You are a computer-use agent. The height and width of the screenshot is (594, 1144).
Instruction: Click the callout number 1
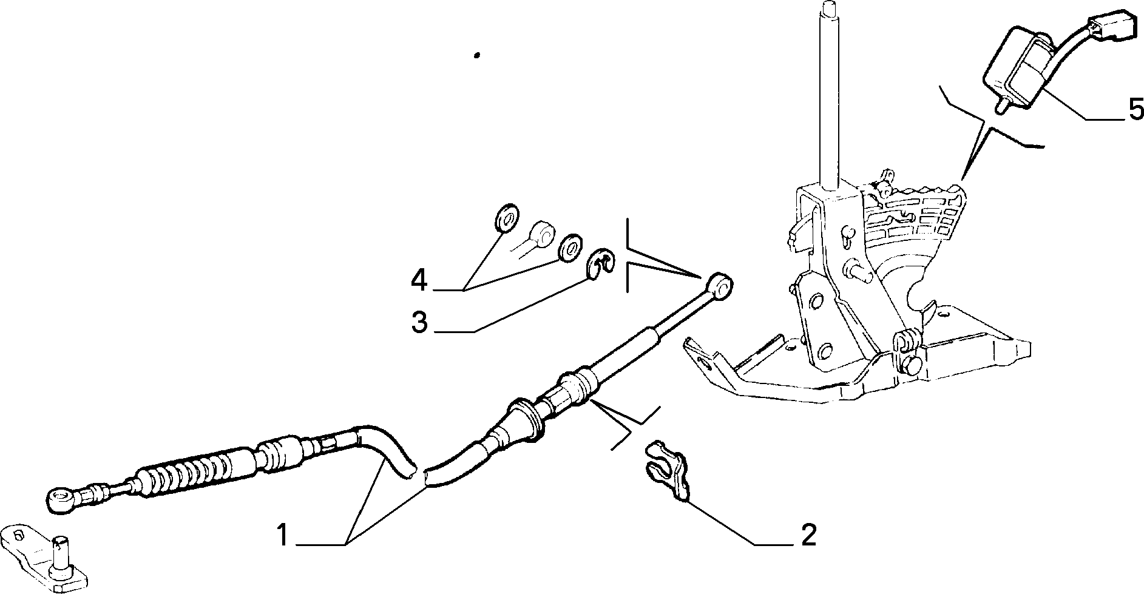282,536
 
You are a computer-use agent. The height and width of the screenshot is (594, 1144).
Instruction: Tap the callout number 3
419,323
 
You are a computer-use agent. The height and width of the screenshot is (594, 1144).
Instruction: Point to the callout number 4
419,281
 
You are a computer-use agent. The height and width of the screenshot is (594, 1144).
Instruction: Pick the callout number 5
1135,110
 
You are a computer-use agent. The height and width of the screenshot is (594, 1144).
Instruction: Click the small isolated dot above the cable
477,55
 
